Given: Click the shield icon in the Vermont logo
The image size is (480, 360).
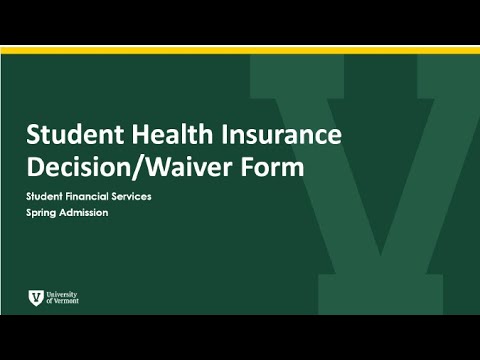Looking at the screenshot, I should pos(36,297).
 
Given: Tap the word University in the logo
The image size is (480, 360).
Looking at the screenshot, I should pos(61,294).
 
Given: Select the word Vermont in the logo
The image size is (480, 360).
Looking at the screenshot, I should pos(65,301).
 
